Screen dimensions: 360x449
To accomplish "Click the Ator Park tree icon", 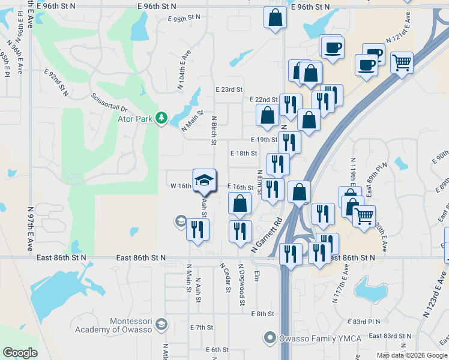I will coord(161,118).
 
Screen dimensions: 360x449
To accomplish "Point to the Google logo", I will coord(20,353).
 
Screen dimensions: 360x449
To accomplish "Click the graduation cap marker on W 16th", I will coord(204,180).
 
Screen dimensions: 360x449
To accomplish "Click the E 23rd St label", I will coord(229,89).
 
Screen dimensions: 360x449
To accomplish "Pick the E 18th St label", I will coord(243,153).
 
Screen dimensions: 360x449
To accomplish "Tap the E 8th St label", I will coord(262,314).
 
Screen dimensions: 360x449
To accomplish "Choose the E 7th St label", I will coord(202,328).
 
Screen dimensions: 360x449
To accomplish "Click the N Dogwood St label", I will coord(242,285).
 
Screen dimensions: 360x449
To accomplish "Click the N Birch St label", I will coord(213,130).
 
